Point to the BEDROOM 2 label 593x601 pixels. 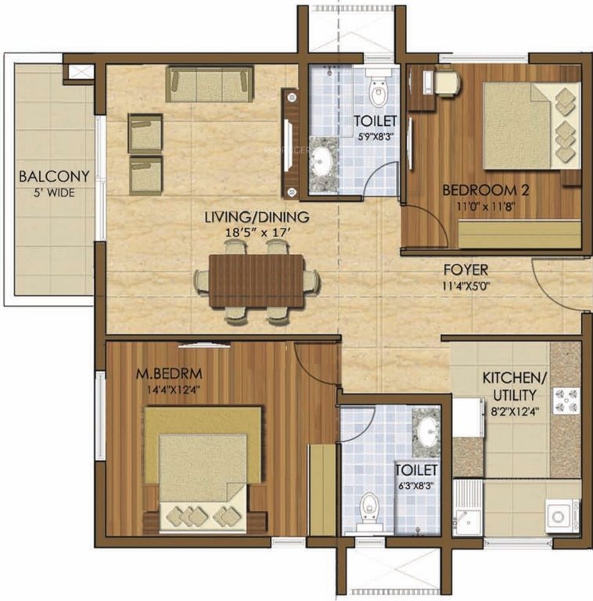pos(480,189)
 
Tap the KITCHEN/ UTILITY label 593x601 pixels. pos(515,385)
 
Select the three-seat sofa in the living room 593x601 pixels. pos(210,84)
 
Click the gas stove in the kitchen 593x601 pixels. pos(566,401)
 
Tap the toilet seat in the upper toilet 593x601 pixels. pos(379,92)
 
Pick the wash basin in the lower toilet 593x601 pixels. pos(427,429)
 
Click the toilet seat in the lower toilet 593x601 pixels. pos(366,510)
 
